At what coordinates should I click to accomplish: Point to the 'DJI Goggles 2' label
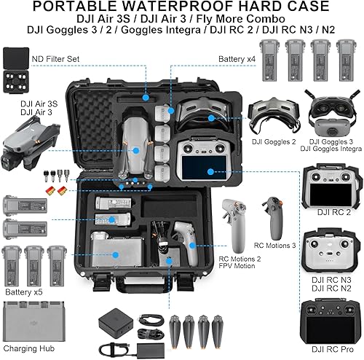coord(269,141)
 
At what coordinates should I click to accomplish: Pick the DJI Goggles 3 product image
coord(331,112)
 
